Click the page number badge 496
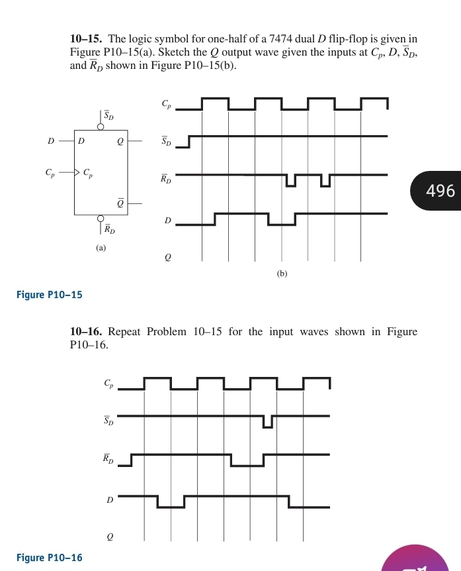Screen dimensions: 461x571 [x=440, y=191]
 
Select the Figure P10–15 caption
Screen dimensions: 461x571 [x=50, y=294]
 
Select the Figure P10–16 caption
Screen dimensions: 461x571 [x=50, y=558]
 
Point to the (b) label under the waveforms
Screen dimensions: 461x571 [x=282, y=272]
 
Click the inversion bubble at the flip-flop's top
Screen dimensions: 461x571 [x=101, y=125]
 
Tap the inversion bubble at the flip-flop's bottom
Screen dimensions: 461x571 [x=101, y=219]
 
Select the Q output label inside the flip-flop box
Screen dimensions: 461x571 [x=119, y=141]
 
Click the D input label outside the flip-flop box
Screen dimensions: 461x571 [x=51, y=141]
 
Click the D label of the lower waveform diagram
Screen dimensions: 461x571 [x=110, y=500]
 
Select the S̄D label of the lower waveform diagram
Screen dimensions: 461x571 [x=108, y=421]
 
